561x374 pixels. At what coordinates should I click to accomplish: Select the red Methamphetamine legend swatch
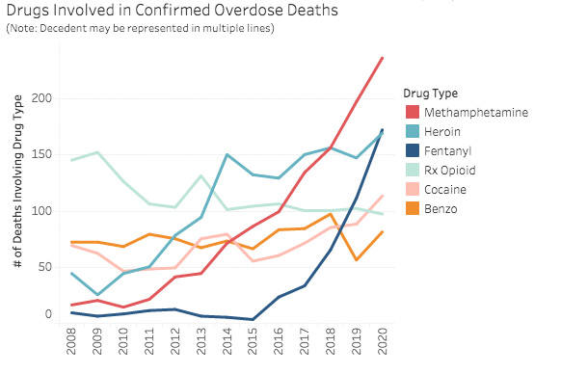click(x=413, y=113)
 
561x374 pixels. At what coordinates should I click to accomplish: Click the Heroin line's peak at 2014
click(x=227, y=154)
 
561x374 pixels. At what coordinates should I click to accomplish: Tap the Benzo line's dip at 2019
click(x=357, y=260)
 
